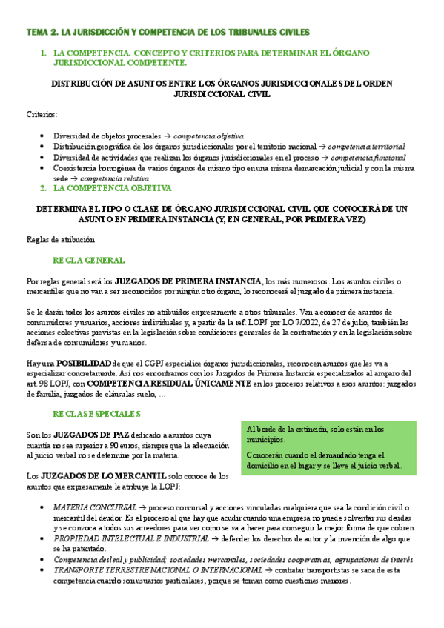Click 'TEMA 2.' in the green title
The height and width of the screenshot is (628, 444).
42,32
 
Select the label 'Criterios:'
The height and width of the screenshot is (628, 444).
41,115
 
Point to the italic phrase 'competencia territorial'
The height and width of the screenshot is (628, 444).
366,147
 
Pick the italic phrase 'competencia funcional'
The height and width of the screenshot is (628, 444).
368,157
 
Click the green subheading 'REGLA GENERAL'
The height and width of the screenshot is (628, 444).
88,261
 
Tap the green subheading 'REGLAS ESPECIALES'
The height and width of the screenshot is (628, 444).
96,413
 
